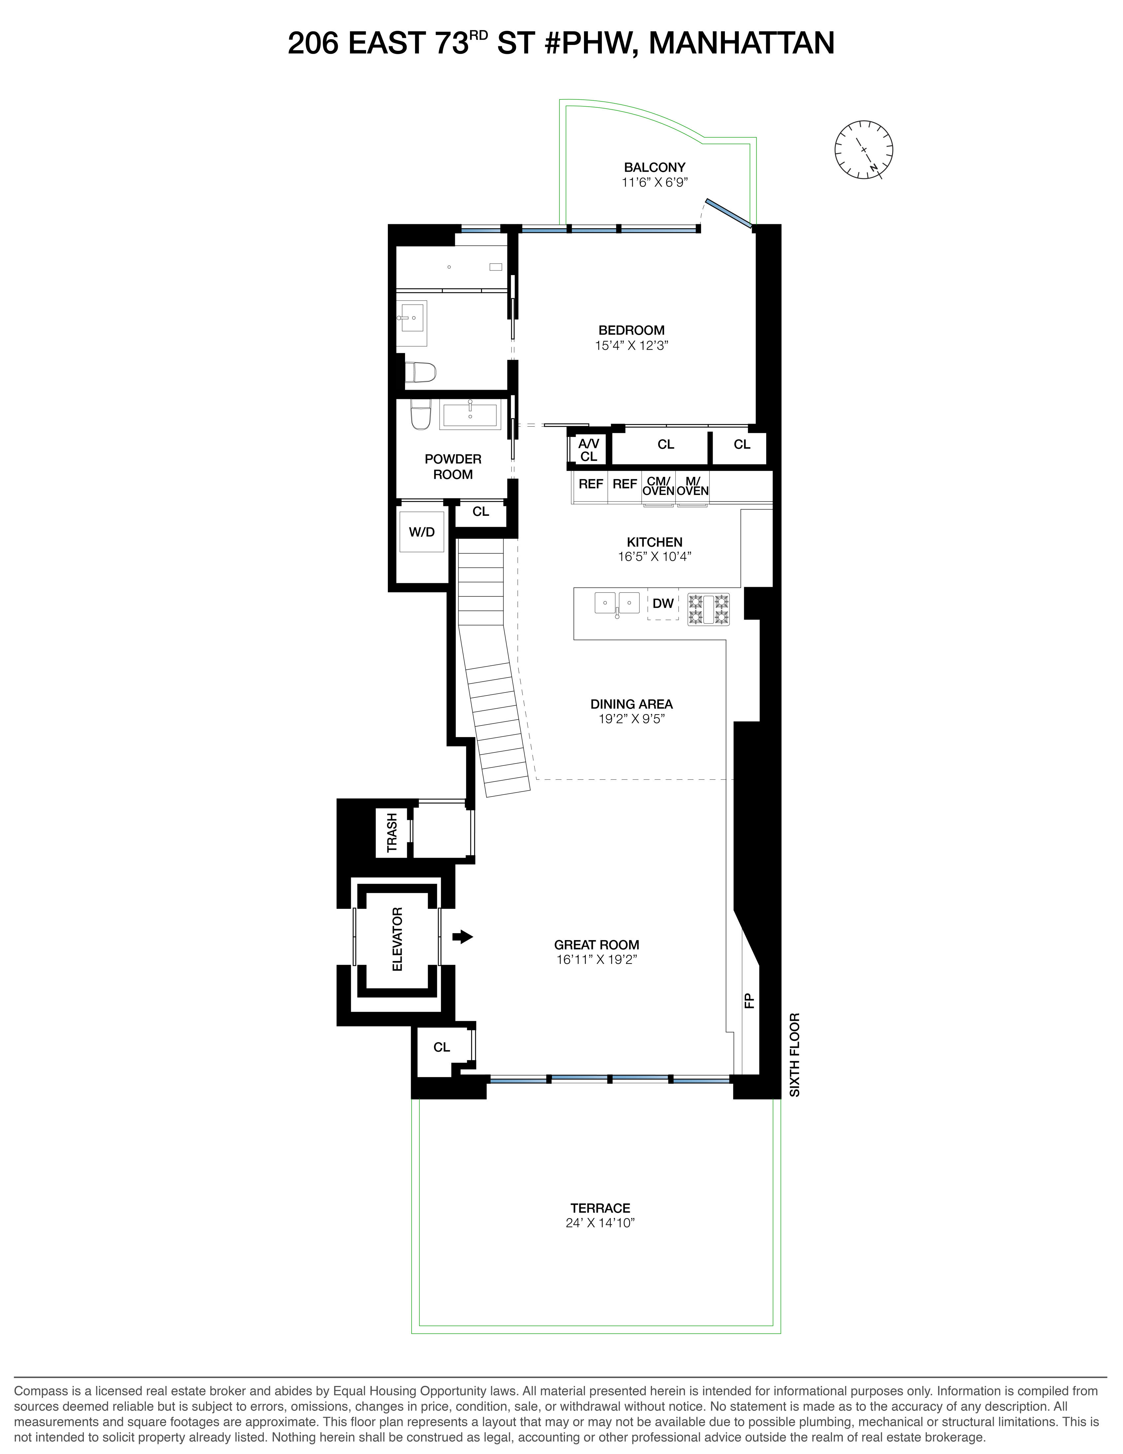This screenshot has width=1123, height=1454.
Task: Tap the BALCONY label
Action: [654, 168]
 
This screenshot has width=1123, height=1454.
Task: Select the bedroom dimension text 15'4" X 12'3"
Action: [631, 345]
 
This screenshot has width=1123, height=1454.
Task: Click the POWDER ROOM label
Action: [453, 467]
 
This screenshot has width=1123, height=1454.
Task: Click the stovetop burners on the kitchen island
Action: [708, 609]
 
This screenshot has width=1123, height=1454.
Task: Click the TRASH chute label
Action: [392, 832]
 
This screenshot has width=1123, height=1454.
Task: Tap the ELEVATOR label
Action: [397, 939]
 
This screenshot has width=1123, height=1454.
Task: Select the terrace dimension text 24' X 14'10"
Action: [600, 1223]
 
